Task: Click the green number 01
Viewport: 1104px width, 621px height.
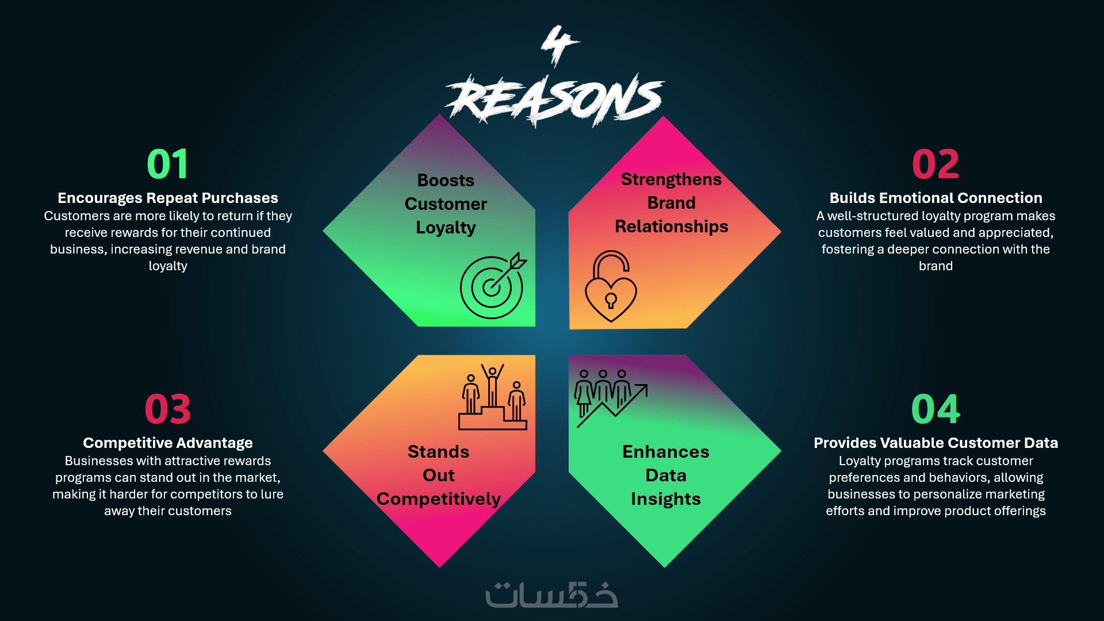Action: pyautogui.click(x=167, y=164)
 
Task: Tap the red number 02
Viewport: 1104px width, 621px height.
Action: pyautogui.click(x=936, y=164)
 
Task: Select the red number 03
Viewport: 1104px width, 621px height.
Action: pyautogui.click(x=167, y=409)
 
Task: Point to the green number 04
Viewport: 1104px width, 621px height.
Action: pyautogui.click(x=936, y=409)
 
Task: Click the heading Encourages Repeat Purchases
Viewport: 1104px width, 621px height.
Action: pyautogui.click(x=168, y=198)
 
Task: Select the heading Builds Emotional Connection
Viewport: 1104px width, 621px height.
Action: pyautogui.click(x=936, y=198)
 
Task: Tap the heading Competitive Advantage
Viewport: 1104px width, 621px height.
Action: pyautogui.click(x=168, y=443)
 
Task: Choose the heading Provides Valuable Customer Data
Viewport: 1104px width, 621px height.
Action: pyautogui.click(x=936, y=443)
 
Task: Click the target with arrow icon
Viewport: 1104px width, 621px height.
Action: pyautogui.click(x=493, y=286)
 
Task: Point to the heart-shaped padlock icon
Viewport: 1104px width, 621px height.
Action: pyautogui.click(x=611, y=286)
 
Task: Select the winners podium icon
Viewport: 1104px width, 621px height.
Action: pyautogui.click(x=493, y=397)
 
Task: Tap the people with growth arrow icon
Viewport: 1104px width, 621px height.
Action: pyautogui.click(x=610, y=398)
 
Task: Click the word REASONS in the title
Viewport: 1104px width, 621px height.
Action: pyautogui.click(x=555, y=99)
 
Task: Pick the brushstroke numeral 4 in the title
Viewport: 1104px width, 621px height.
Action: pyautogui.click(x=559, y=45)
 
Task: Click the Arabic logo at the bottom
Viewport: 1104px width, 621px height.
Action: pyautogui.click(x=552, y=595)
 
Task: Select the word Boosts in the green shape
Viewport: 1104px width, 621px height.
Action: pyautogui.click(x=446, y=181)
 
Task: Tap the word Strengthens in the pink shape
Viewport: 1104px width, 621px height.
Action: pyautogui.click(x=671, y=179)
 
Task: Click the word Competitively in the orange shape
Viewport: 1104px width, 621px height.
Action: pyautogui.click(x=439, y=499)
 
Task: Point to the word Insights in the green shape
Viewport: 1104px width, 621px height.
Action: pyautogui.click(x=666, y=499)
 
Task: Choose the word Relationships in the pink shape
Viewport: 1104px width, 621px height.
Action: pyautogui.click(x=671, y=227)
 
